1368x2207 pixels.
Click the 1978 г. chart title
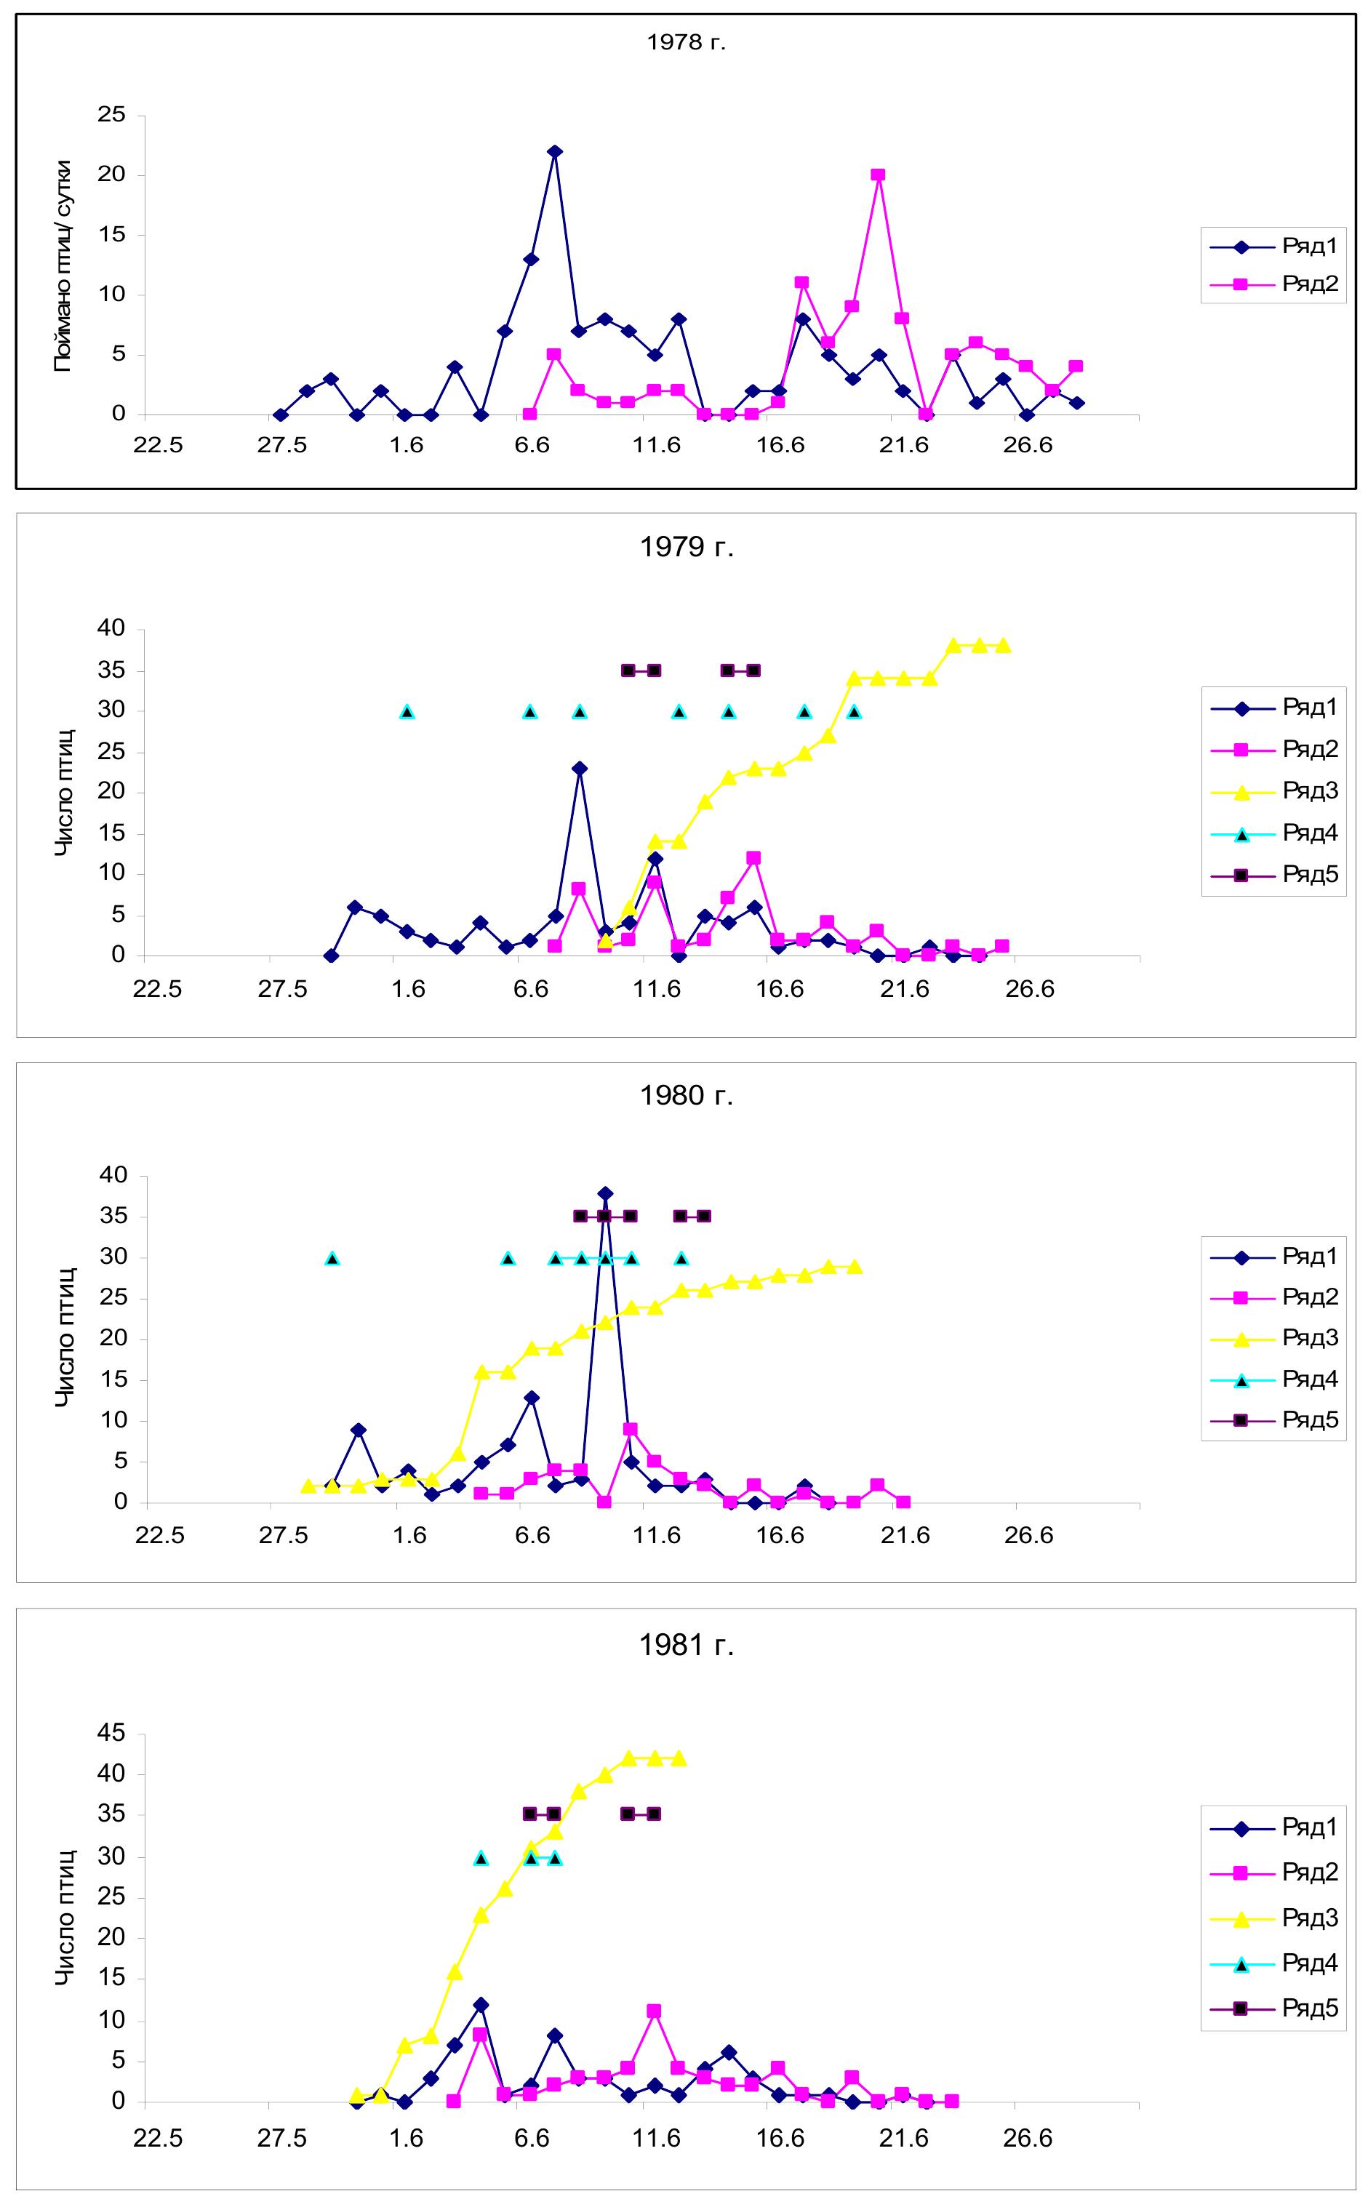click(686, 42)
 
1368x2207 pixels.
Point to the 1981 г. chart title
click(687, 1646)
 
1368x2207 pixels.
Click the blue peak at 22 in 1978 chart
click(555, 152)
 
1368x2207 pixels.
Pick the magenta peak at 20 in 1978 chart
click(878, 175)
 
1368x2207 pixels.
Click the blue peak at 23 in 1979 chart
click(580, 769)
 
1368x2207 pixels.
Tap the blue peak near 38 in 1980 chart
click(605, 1194)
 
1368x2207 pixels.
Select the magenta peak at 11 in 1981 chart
click(654, 2011)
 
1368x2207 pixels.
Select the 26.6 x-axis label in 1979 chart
click(1030, 989)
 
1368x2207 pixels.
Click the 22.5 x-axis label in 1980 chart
click(159, 1536)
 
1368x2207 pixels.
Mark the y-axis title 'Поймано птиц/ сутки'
click(63, 267)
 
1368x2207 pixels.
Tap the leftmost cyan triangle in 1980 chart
click(333, 1258)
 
